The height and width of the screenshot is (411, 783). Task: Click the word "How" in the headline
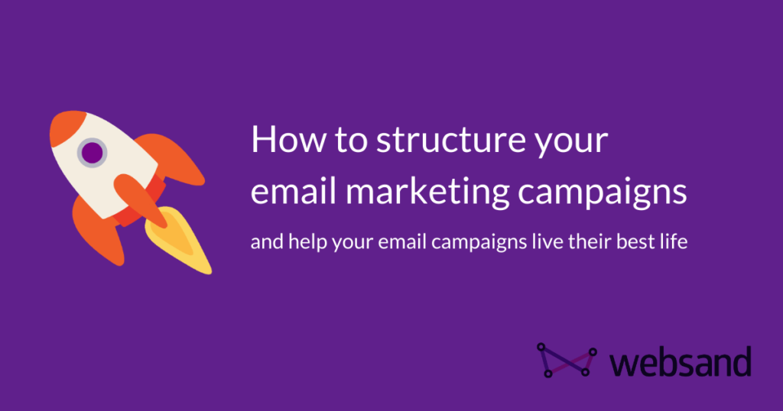281,142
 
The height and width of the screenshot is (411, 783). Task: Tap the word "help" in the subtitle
301,244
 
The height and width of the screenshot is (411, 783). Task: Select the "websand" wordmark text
681,361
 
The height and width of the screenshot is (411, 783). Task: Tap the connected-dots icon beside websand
566,359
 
